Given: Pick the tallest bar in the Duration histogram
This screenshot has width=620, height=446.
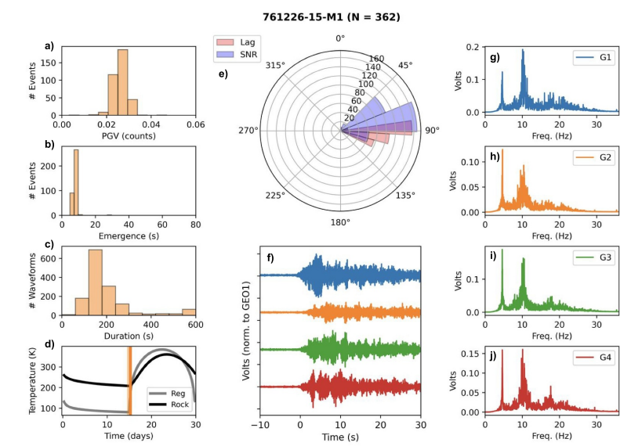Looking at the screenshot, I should pos(95,282).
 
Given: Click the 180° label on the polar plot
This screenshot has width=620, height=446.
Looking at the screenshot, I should pos(340,221).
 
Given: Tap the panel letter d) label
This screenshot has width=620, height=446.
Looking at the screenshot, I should pos(49,343).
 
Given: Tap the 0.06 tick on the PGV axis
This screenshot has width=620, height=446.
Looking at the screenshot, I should pos(195,125).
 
